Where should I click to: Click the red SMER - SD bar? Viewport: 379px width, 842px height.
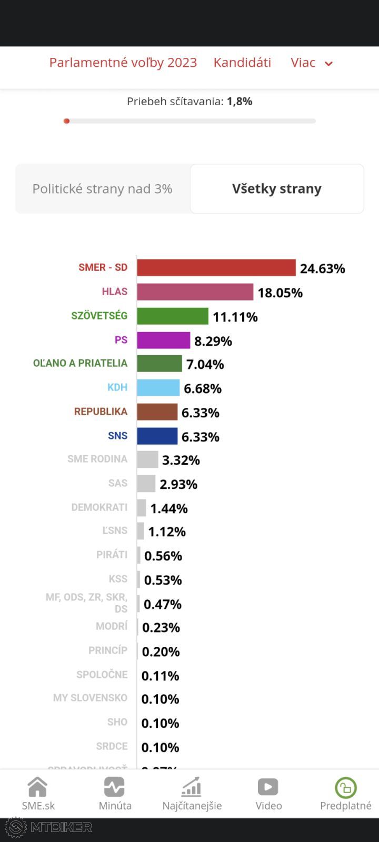[216, 268]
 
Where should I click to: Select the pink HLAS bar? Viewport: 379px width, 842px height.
[195, 292]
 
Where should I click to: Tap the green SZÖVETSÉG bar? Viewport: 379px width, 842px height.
[173, 316]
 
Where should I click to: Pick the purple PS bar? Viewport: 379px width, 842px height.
[164, 340]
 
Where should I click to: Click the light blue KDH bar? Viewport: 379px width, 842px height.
[158, 388]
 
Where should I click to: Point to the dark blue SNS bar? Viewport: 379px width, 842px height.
[157, 436]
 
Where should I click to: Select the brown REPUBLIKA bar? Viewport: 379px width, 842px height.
[157, 412]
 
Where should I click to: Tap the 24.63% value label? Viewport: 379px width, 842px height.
[322, 268]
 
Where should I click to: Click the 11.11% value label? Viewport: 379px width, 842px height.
[235, 317]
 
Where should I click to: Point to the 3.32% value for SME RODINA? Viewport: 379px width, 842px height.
[181, 460]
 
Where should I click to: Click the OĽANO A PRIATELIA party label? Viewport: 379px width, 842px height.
[81, 363]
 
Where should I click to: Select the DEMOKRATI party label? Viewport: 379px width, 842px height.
[99, 507]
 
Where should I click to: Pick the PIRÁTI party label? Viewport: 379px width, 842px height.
[112, 555]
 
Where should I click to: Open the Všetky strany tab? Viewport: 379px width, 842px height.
[277, 188]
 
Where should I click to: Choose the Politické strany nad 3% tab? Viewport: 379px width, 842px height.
[103, 188]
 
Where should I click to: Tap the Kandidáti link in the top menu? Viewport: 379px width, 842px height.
[242, 63]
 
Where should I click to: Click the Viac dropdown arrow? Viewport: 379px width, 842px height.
[328, 64]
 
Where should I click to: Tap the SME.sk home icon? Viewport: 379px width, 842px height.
[38, 787]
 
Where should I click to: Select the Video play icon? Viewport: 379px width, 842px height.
[268, 787]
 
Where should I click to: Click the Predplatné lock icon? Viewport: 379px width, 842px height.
[346, 788]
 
